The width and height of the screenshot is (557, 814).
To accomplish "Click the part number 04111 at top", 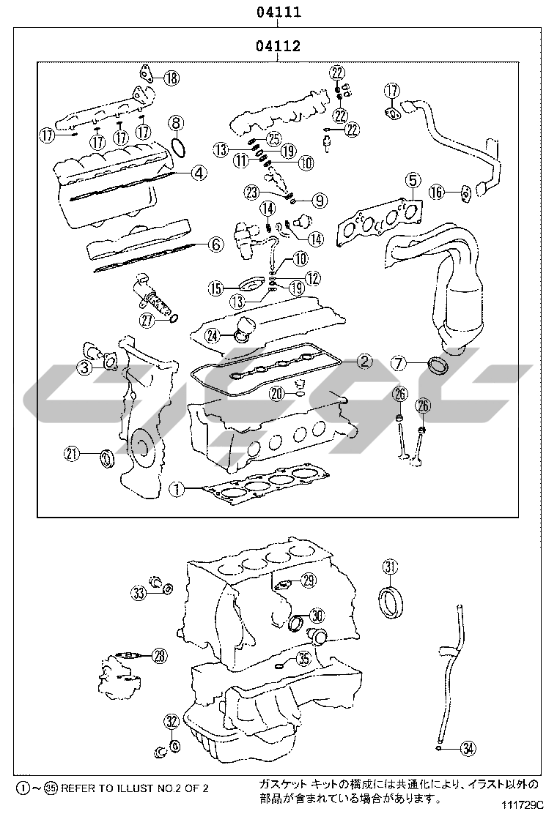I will (278, 12).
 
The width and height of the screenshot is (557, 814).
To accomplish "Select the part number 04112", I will (278, 47).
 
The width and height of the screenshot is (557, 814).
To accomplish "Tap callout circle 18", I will (170, 78).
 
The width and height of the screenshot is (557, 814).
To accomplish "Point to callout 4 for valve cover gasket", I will (198, 173).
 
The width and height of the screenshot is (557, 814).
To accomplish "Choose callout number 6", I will (215, 245).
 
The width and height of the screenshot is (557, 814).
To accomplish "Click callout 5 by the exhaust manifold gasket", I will (413, 179).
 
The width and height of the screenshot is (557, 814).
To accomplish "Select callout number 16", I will (438, 193).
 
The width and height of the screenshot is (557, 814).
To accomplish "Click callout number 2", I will (364, 360).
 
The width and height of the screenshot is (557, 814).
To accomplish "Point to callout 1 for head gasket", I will (177, 488).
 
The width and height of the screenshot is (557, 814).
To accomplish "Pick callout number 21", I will (71, 455).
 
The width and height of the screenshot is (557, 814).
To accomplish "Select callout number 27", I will (147, 319).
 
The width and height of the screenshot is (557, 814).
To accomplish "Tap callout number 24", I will (213, 336).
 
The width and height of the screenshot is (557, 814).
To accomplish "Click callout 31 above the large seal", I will (391, 566).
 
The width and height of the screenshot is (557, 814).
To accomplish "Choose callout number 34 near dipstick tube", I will (469, 748).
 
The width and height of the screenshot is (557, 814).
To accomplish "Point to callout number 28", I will (161, 656).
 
